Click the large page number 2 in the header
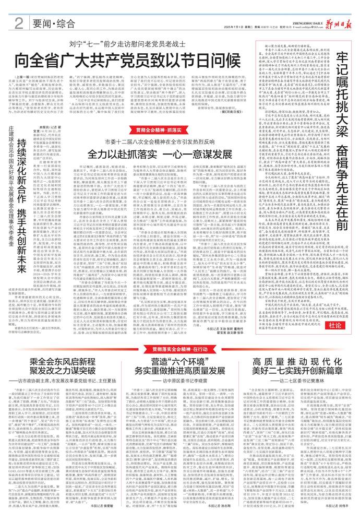point(18,23)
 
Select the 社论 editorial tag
point(339,310)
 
